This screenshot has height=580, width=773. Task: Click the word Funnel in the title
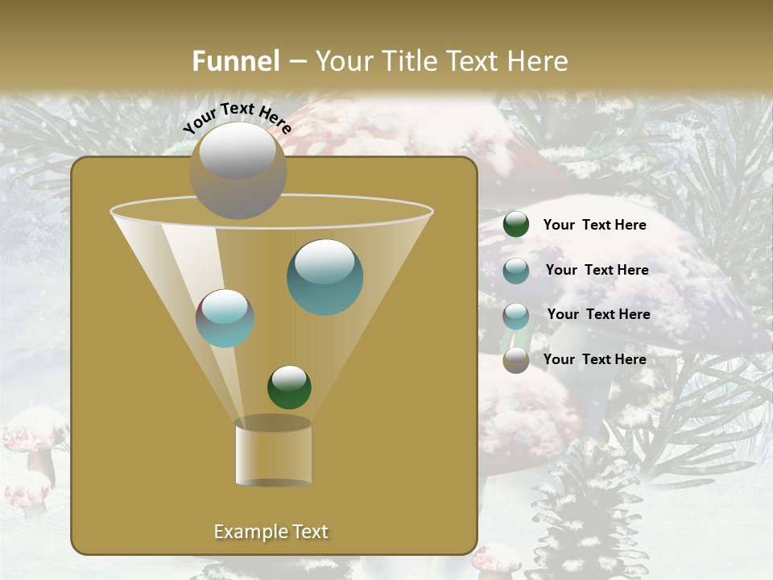click(x=235, y=61)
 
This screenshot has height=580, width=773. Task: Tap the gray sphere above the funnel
click(x=238, y=170)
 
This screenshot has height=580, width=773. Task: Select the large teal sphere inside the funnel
click(x=324, y=277)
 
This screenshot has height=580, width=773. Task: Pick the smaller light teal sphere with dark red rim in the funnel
click(x=225, y=318)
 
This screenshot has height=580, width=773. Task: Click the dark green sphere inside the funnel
click(x=289, y=387)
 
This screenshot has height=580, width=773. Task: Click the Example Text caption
click(x=271, y=532)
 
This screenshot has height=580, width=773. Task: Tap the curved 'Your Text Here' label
click(x=237, y=118)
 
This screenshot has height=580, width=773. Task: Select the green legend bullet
click(x=516, y=225)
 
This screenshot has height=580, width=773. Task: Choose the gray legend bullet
click(x=516, y=360)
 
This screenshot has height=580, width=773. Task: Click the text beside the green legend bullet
click(x=594, y=225)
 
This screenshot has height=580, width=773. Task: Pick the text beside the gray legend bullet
click(x=594, y=359)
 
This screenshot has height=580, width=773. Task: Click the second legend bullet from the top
click(x=516, y=271)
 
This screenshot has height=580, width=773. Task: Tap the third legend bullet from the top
click(x=516, y=316)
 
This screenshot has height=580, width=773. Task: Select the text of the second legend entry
click(x=597, y=270)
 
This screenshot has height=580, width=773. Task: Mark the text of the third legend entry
click(x=598, y=314)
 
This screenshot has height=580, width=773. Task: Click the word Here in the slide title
click(x=537, y=61)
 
